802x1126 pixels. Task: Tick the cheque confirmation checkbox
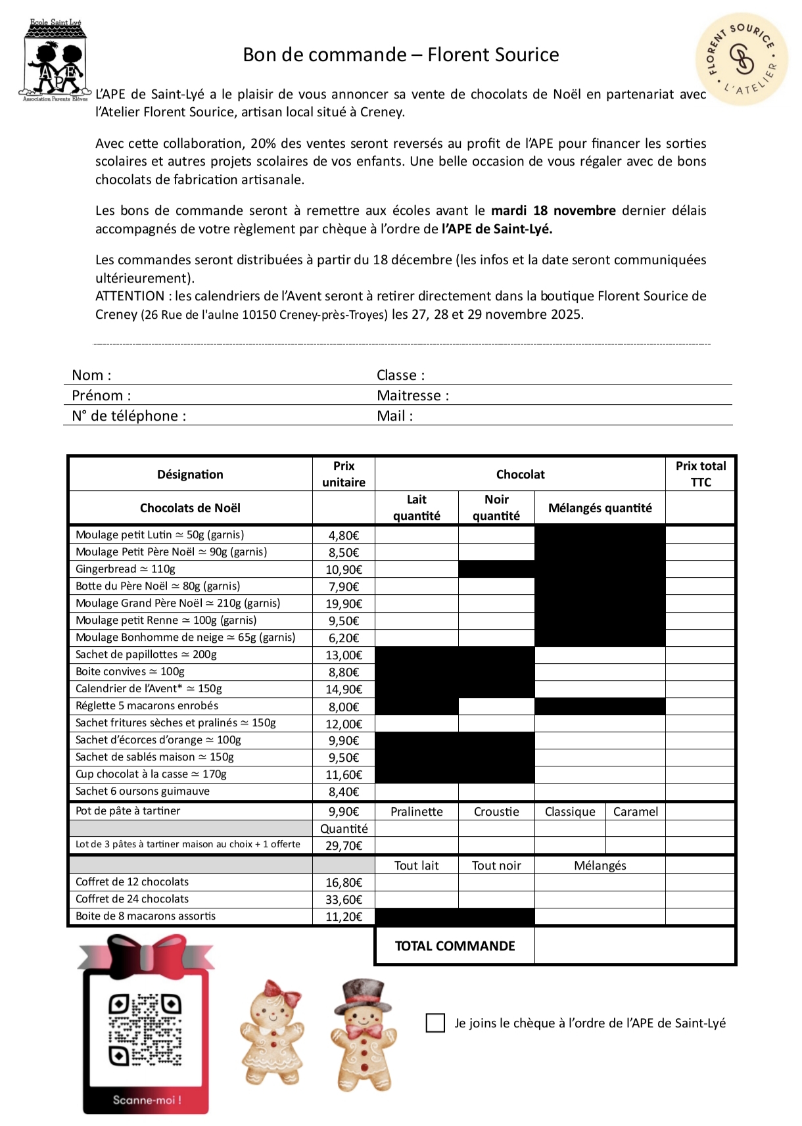(435, 1023)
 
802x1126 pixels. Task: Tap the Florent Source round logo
(742, 60)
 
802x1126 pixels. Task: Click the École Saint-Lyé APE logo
(55, 61)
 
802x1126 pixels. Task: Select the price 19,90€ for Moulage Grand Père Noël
(344, 603)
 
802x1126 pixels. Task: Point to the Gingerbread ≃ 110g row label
(126, 569)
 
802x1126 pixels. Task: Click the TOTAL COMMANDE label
(455, 946)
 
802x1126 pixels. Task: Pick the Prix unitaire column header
(344, 474)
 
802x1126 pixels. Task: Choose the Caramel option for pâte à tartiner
(635, 812)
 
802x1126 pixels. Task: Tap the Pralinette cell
(416, 812)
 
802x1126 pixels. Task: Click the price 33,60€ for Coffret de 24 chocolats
(344, 900)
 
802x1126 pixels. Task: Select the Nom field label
(91, 375)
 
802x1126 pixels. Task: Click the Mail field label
(394, 416)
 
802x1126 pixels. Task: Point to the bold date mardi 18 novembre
(554, 211)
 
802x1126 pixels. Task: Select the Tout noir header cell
(496, 866)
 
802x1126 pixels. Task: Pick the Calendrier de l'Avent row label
(149, 689)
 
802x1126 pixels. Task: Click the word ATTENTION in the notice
(130, 296)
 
